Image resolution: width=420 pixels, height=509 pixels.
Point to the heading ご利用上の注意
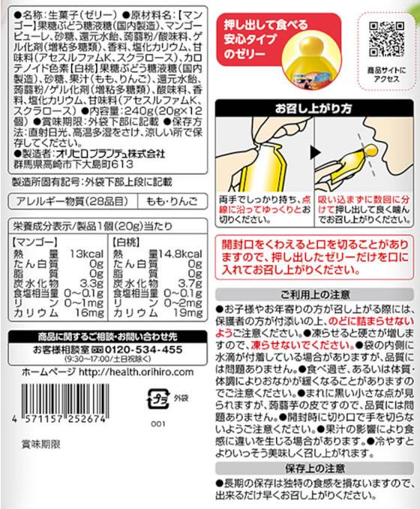click(316, 297)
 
